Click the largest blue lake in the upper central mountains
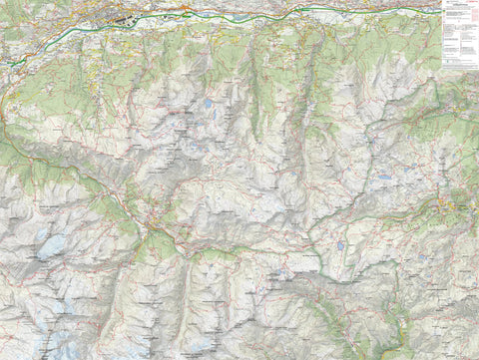point(208,103)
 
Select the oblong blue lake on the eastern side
point(384,178)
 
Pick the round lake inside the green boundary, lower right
point(340,244)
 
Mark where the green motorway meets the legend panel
point(440,11)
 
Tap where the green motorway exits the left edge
point(2,63)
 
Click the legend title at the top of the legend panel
point(459,3)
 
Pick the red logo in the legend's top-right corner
point(474,4)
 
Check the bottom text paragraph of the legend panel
point(459,64)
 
